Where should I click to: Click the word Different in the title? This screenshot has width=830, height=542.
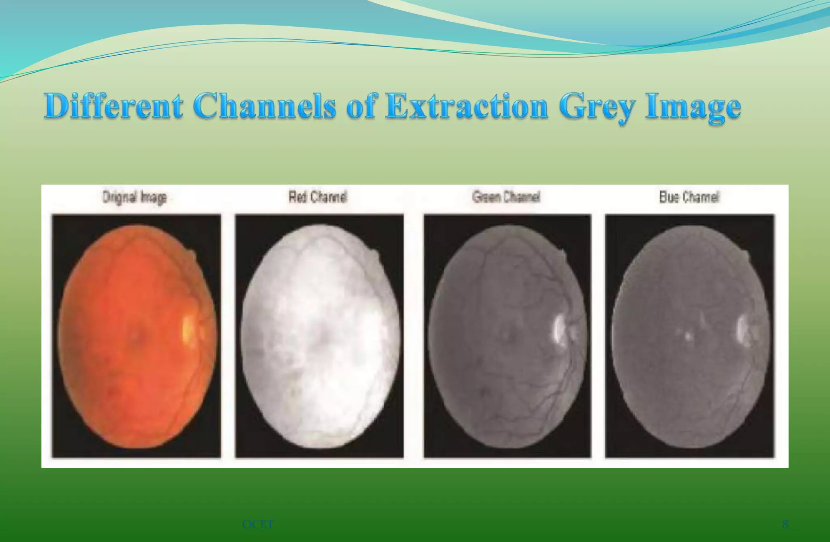[x=113, y=106]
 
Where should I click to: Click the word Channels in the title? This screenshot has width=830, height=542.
[x=264, y=106]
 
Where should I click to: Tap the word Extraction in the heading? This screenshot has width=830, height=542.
[x=466, y=106]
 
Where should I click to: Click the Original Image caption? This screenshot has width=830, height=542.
[x=135, y=197]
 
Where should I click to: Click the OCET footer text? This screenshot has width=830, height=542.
[x=258, y=525]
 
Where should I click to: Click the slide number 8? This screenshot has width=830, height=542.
[x=785, y=525]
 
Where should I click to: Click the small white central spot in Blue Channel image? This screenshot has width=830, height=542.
[x=688, y=336]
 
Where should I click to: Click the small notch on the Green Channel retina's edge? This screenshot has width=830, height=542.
[x=563, y=255]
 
